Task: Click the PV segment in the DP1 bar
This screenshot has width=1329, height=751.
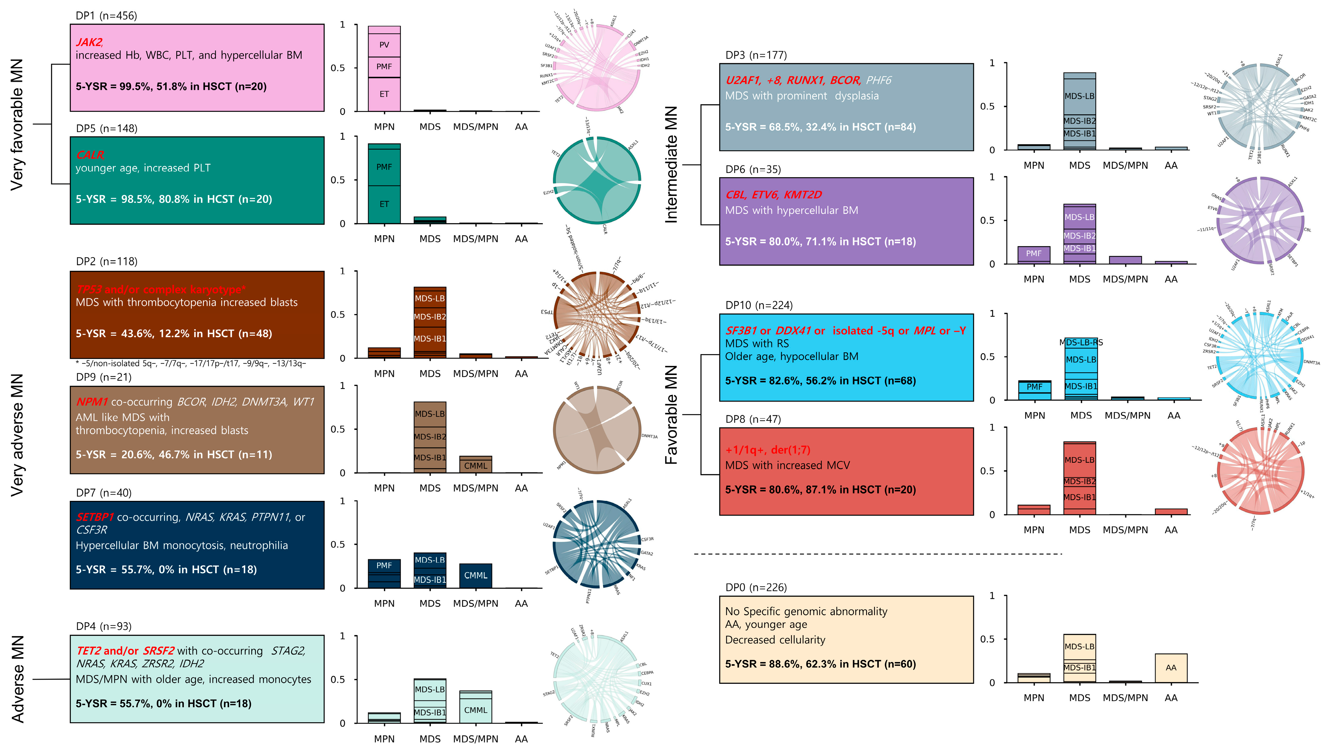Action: (384, 45)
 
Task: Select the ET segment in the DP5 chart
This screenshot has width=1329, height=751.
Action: (384, 204)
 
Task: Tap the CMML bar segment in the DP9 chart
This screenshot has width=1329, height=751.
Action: (475, 466)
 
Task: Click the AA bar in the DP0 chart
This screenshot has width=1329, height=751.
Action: (1171, 668)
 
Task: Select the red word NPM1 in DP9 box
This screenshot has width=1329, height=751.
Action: (92, 402)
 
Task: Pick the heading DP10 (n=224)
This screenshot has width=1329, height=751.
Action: (759, 305)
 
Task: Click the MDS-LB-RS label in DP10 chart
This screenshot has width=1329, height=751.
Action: (1081, 342)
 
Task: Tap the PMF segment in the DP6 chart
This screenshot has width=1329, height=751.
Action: (1034, 254)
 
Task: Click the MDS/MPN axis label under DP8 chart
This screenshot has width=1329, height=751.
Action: (1125, 530)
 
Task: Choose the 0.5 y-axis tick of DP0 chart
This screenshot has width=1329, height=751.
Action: (987, 639)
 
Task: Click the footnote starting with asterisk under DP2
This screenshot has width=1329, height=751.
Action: (191, 364)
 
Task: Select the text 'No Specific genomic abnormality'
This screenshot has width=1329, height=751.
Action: (806, 611)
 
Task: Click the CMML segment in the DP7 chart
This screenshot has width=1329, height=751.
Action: (475, 576)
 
